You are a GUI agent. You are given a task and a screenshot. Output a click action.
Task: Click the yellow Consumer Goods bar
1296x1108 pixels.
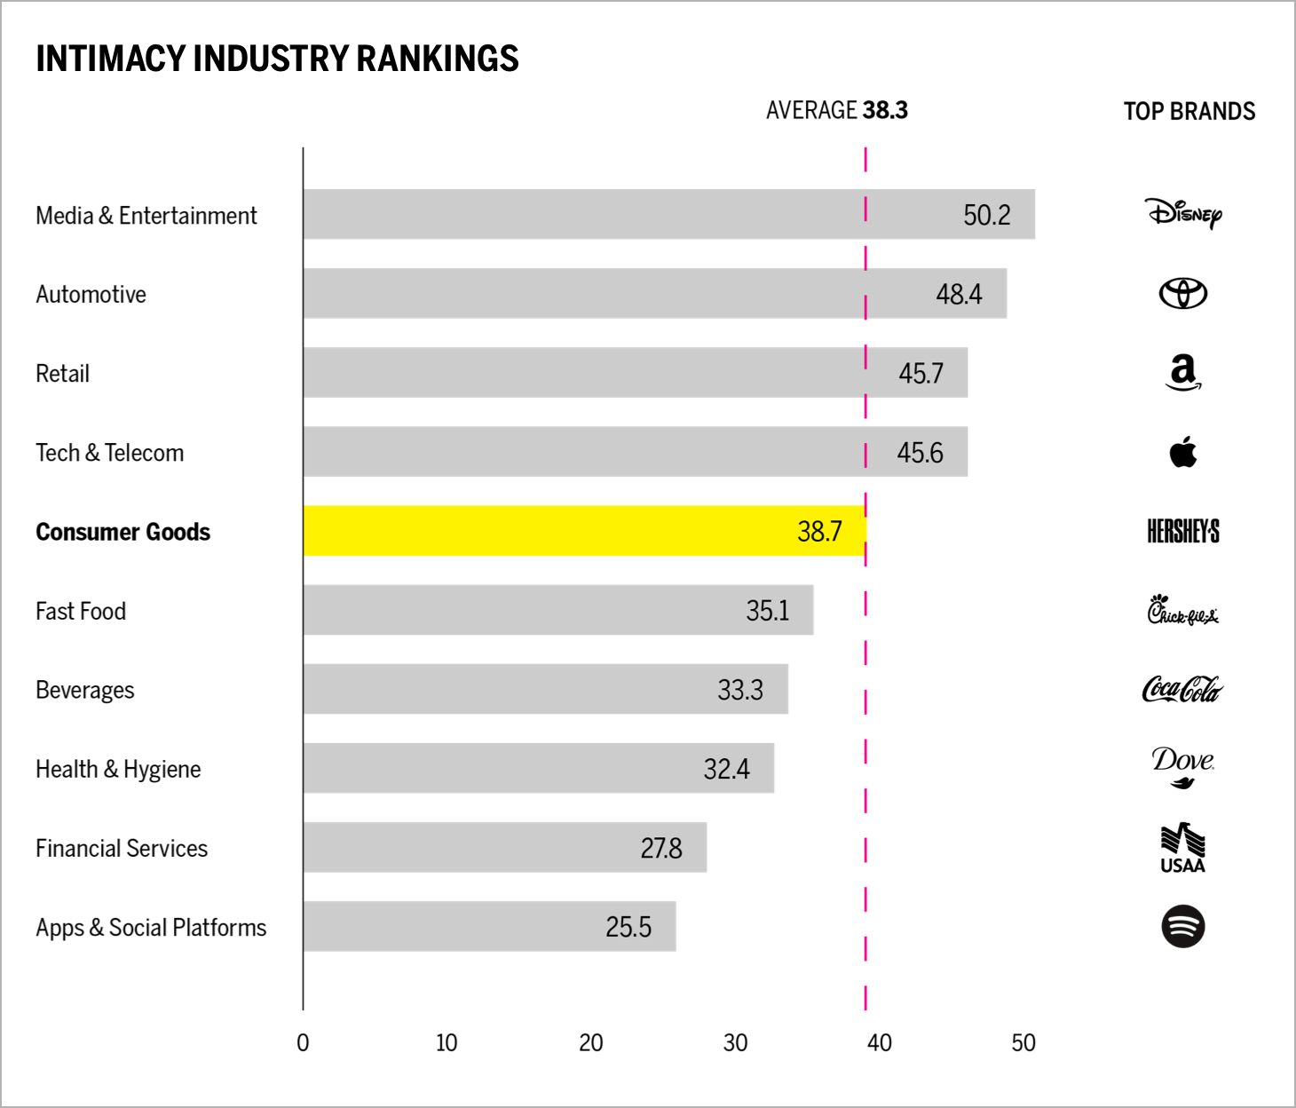584,531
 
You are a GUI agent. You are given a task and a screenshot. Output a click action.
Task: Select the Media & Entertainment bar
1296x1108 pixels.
668,214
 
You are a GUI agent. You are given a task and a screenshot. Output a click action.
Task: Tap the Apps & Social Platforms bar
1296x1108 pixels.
489,926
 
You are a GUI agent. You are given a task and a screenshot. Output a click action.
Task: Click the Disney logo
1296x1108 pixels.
1183,213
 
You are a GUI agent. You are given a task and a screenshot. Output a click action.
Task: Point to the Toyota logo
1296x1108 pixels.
1183,293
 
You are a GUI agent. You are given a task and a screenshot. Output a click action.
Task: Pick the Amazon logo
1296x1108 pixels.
1183,372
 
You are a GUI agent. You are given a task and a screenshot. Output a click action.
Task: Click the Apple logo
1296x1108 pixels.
1183,452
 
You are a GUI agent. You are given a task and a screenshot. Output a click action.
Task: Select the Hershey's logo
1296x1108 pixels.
1183,531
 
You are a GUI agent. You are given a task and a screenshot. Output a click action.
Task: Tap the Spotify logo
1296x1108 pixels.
1183,926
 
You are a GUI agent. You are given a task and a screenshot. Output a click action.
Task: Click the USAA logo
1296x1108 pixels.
1183,848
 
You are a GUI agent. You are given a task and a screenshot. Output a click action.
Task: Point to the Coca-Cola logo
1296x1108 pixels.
1182,689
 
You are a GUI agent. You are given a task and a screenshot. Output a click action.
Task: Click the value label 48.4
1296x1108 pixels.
959,294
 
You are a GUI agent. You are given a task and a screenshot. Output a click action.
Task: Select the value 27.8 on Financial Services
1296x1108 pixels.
661,848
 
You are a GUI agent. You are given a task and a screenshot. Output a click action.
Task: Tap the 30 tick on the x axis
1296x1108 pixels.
735,1042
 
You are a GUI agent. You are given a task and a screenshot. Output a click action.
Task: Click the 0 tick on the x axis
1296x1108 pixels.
303,1042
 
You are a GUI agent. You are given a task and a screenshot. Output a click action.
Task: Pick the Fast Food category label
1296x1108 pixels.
81,611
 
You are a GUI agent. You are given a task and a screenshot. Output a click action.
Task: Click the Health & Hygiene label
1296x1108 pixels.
118,769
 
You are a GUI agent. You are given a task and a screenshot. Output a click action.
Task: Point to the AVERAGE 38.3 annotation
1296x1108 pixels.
836,110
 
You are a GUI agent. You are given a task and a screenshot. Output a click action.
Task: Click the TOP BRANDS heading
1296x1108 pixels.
1189,111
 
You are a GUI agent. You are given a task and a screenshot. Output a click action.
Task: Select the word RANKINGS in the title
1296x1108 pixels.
438,59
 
